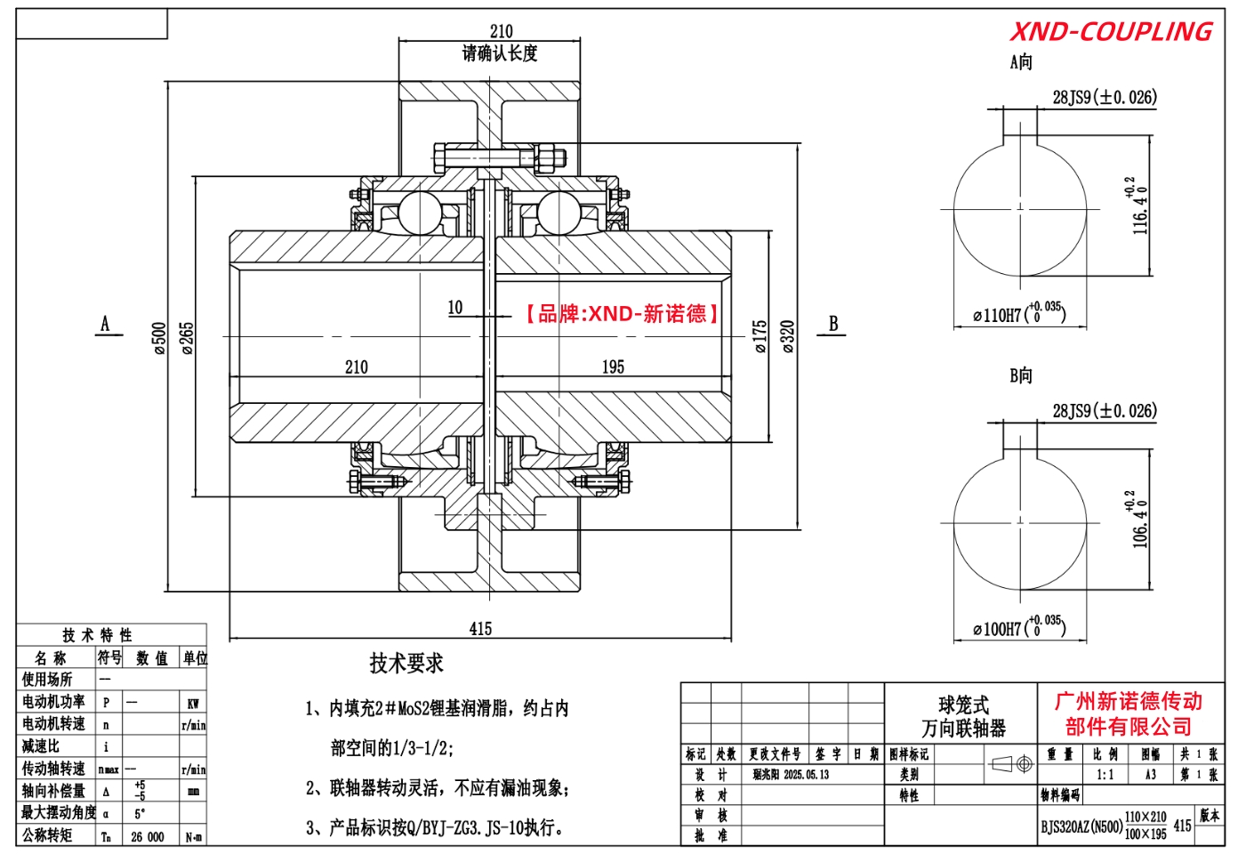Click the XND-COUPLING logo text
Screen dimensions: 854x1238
point(1111,32)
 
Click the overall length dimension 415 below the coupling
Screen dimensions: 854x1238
point(480,629)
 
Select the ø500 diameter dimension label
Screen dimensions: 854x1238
point(160,338)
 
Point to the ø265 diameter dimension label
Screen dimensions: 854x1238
point(188,338)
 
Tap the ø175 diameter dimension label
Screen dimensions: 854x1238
point(760,337)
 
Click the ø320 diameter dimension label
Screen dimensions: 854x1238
point(788,337)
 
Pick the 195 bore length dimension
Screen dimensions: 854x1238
point(613,367)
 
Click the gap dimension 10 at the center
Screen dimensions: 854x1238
point(455,308)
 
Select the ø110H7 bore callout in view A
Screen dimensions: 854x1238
point(1018,314)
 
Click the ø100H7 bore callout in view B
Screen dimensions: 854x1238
point(1018,628)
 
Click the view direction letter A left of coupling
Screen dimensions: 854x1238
point(105,324)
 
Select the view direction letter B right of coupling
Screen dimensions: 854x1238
point(833,324)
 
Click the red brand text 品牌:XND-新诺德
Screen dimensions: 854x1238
point(622,313)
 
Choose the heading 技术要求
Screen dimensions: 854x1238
point(406,663)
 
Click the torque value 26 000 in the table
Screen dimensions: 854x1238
point(148,837)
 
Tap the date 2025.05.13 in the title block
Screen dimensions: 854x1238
point(806,775)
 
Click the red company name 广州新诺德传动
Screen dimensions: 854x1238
point(1129,701)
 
